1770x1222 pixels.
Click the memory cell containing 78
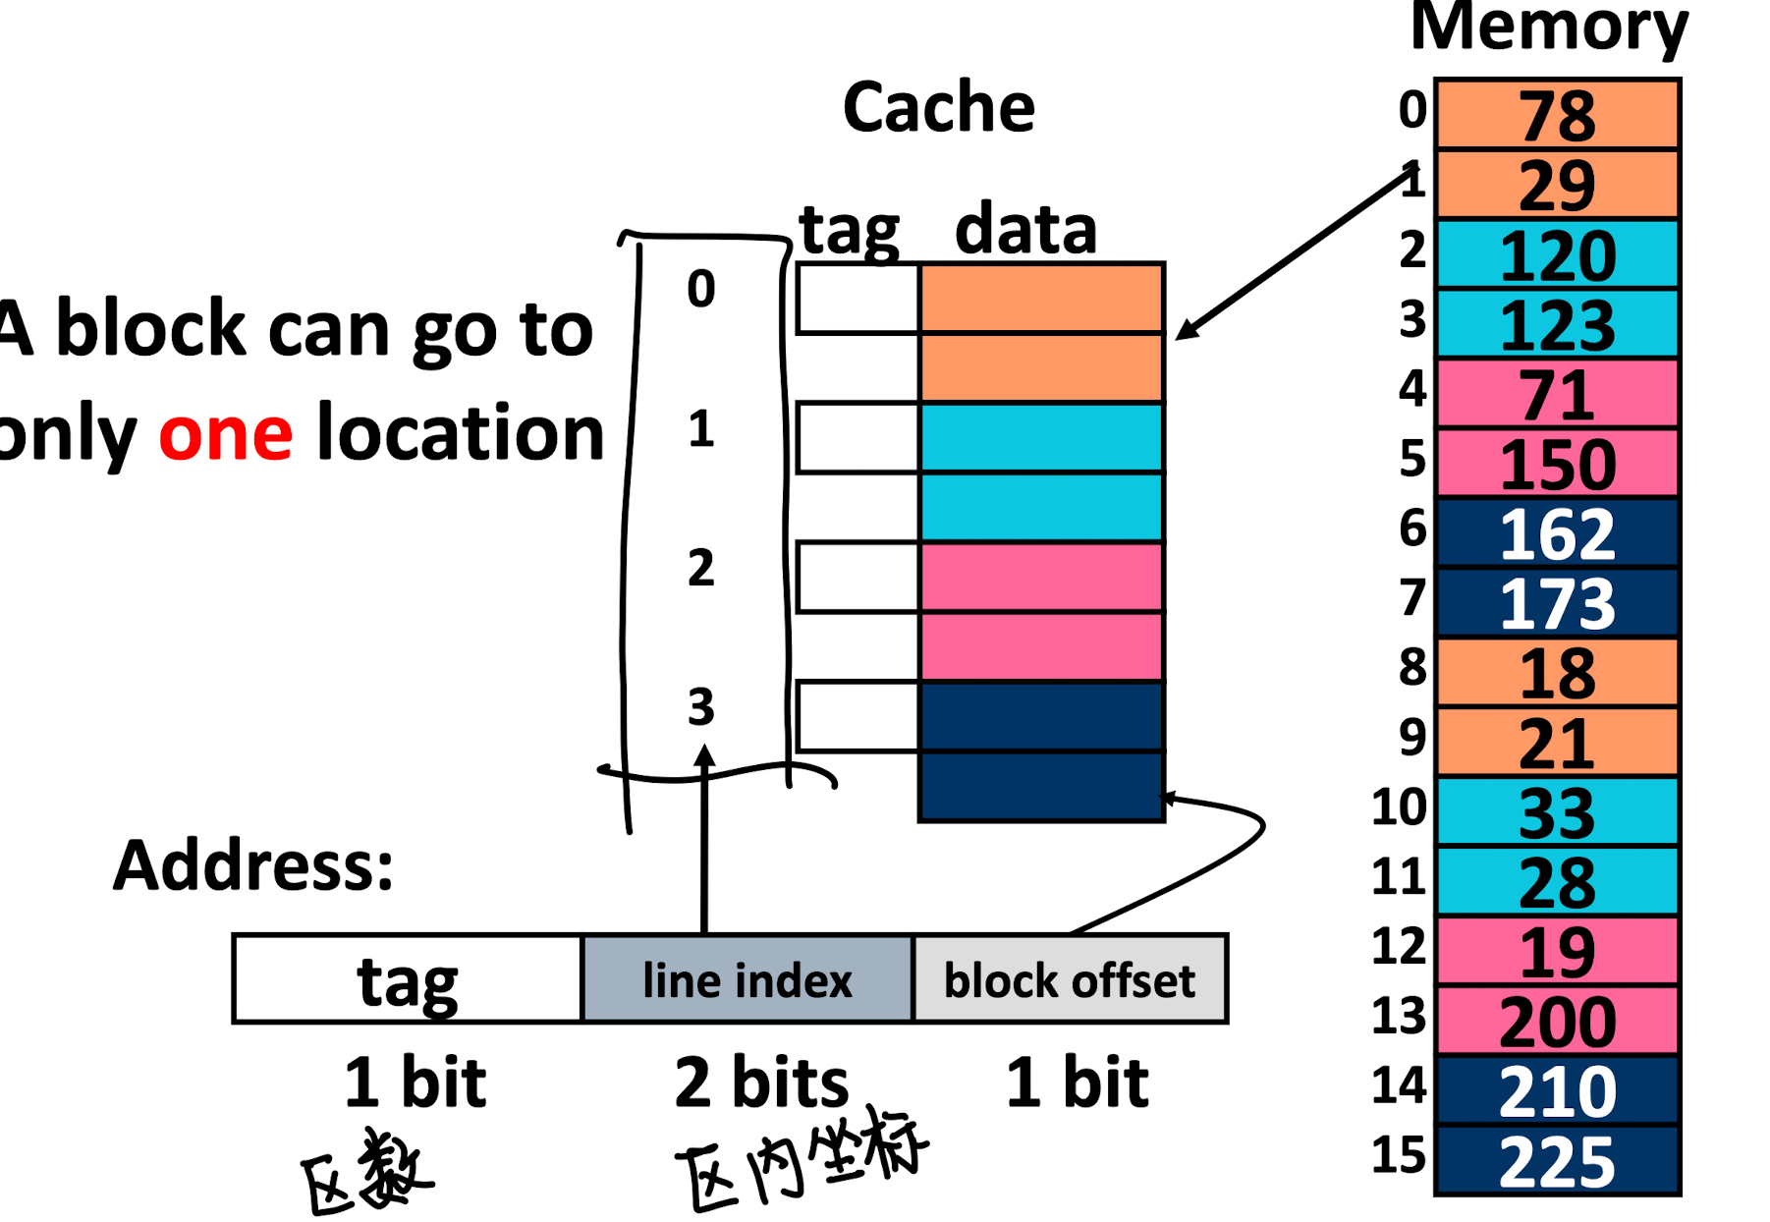(x=1557, y=115)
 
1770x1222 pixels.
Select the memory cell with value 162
(x=1557, y=533)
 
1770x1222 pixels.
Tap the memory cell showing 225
(x=1557, y=1161)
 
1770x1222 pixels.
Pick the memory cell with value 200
(x=1557, y=1022)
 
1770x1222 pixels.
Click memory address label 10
(x=1399, y=807)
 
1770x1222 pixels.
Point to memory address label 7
(x=1412, y=597)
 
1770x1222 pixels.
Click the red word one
(x=226, y=434)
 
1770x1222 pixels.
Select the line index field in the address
(x=747, y=980)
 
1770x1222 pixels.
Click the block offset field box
(x=1070, y=980)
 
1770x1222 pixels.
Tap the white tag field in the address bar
(x=408, y=980)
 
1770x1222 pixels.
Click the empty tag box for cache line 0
(x=857, y=299)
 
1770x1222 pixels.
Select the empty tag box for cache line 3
(x=857, y=717)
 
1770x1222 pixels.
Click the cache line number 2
(x=700, y=569)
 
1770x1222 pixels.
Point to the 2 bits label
(x=761, y=1083)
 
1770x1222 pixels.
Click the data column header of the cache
(x=1025, y=229)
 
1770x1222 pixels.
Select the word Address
(x=253, y=865)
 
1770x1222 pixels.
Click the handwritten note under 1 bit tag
(x=366, y=1171)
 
